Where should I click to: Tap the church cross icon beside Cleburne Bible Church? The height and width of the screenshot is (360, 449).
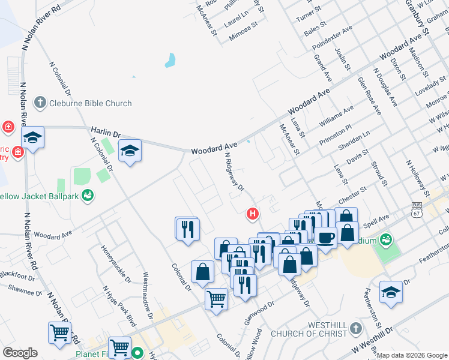[40, 103]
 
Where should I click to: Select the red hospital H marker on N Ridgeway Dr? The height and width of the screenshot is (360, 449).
[253, 213]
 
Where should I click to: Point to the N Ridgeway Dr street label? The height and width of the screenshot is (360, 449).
[234, 171]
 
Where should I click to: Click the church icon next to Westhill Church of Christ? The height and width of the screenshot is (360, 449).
[356, 328]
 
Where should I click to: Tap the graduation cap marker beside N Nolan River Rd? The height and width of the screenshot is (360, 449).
[32, 137]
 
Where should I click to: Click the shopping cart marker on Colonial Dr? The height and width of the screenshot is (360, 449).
[216, 298]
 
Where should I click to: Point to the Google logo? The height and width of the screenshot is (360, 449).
[20, 353]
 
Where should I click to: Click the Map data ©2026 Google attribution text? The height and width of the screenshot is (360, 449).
[412, 355]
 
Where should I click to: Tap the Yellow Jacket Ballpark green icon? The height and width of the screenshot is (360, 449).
[88, 196]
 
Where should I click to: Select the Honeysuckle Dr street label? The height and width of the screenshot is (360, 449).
[116, 264]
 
